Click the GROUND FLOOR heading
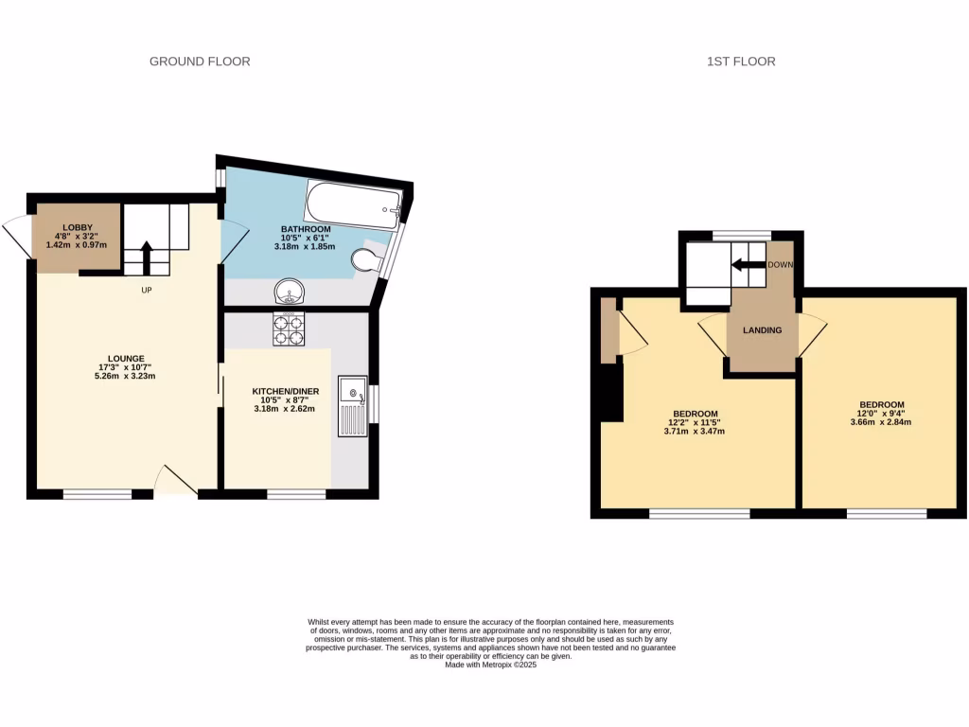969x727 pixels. coord(200,62)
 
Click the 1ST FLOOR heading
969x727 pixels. coord(741,62)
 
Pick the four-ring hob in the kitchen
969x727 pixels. coord(289,328)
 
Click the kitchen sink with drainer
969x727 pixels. coord(354,406)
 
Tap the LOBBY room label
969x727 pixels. coord(77,228)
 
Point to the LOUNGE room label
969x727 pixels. coord(126,359)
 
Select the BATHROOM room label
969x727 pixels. coord(306,230)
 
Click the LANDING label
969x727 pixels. coord(762,330)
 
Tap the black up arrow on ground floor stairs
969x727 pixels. coord(147,257)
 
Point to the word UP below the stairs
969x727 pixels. coord(147,290)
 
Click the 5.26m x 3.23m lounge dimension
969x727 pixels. coord(126,376)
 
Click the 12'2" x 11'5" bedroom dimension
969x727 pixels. coord(696,423)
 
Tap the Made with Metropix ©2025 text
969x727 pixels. coord(490,665)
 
